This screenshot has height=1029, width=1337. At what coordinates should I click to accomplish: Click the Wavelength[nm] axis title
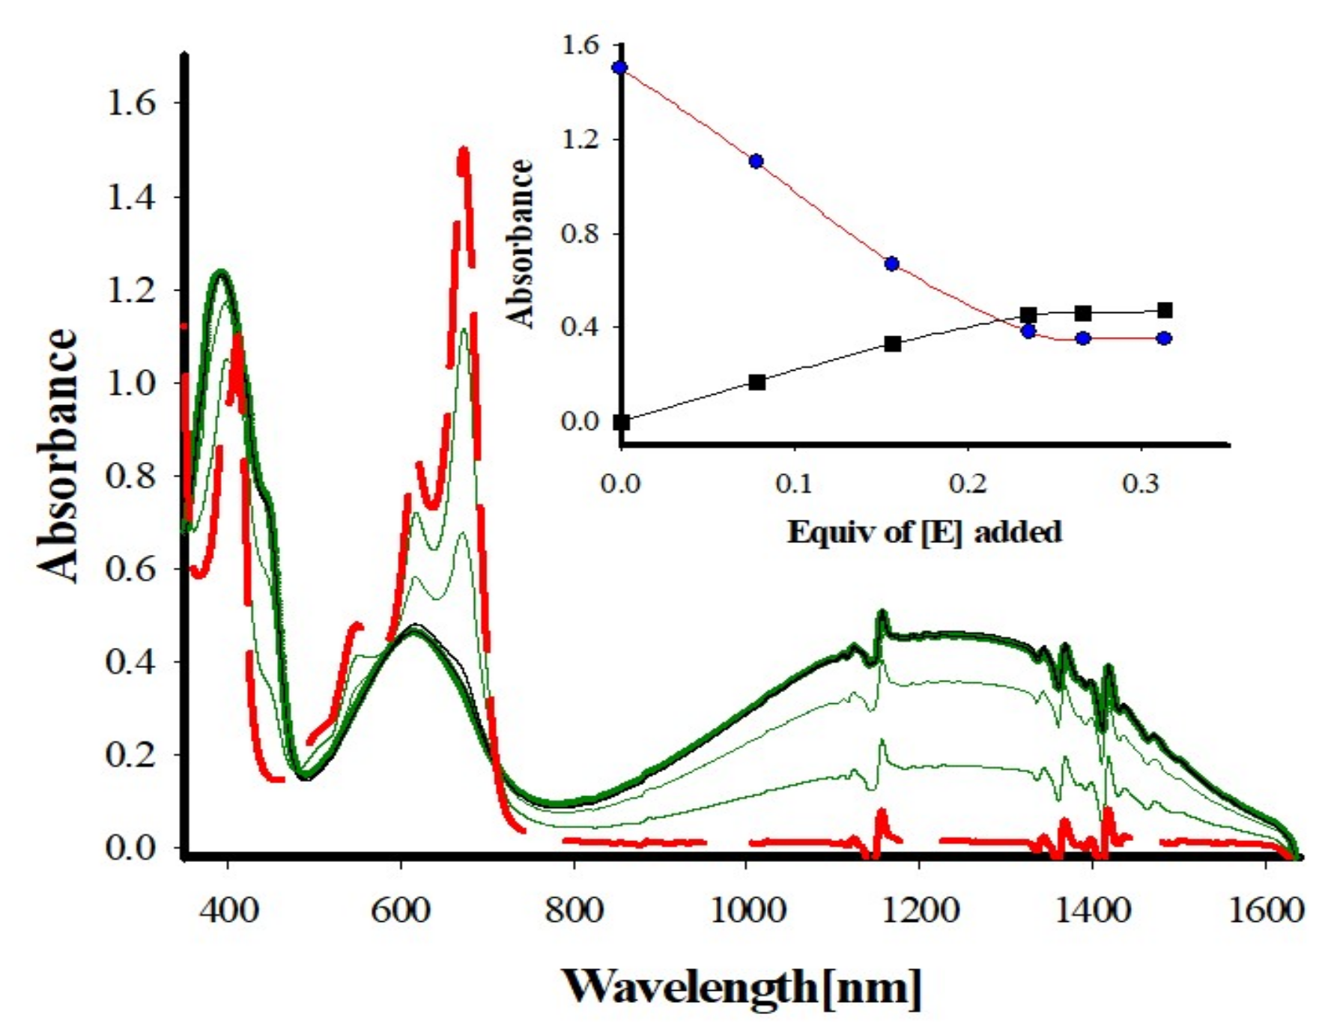(742, 986)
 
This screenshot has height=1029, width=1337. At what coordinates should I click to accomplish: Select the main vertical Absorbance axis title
(58, 455)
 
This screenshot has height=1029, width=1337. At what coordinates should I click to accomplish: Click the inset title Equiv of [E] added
(924, 532)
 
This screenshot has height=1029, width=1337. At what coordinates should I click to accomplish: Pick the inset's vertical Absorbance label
(520, 243)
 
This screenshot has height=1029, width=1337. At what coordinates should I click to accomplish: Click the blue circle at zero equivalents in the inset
(620, 67)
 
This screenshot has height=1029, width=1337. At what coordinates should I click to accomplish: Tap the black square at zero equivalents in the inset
(621, 422)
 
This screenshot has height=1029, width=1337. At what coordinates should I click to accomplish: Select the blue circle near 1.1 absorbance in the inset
(757, 161)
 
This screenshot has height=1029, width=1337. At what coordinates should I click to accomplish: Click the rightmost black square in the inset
(1164, 310)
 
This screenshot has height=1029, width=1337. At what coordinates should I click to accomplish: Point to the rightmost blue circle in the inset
(1164, 338)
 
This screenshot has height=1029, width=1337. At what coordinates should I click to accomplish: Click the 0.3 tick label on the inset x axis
(1140, 484)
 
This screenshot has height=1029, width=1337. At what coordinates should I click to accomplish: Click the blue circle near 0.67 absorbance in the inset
(891, 264)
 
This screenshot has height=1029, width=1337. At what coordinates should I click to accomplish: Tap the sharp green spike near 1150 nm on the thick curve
(882, 613)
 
